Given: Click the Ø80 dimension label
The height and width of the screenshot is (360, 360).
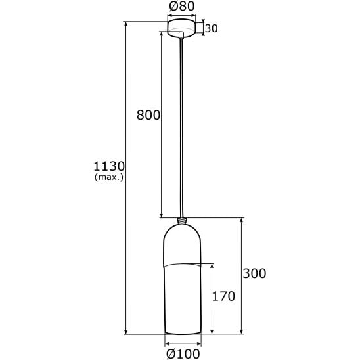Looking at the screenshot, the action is point(181,6).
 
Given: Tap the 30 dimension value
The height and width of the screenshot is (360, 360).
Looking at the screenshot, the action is point(212,28).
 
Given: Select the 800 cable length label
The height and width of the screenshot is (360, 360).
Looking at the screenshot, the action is point(148,115).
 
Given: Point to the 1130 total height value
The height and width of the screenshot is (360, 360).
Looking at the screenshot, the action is point(109,166).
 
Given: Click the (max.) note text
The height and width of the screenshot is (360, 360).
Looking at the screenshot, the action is point(109,177).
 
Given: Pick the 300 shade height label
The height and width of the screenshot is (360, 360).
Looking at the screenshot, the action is point(254,273).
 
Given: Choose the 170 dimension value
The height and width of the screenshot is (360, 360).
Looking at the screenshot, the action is point(223,296).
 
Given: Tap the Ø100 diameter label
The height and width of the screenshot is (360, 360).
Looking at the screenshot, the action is point(183,354).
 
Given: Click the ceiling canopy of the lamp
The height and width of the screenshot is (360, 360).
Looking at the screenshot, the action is point(181,28).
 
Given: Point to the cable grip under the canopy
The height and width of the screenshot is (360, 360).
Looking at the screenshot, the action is point(181,34).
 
